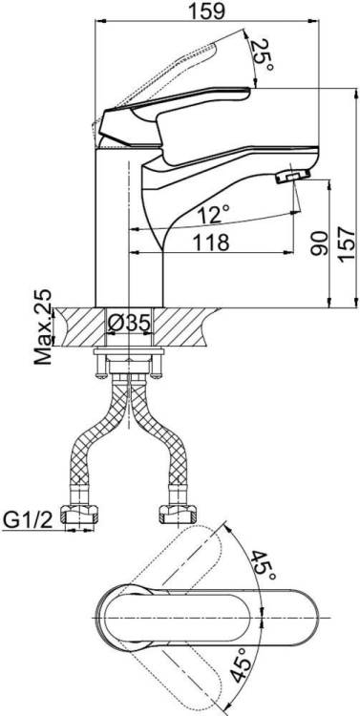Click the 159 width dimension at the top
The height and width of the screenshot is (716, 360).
[207, 11]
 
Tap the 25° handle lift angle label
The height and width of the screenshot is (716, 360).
[264, 54]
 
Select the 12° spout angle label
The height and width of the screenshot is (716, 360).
[213, 213]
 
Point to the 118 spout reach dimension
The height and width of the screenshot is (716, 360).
[210, 242]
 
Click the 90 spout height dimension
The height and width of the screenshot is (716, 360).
[319, 242]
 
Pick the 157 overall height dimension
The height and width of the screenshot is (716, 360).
[348, 244]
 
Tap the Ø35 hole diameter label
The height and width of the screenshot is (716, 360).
[129, 324]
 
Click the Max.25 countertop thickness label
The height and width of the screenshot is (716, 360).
[43, 326]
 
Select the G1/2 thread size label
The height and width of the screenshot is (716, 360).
[28, 518]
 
